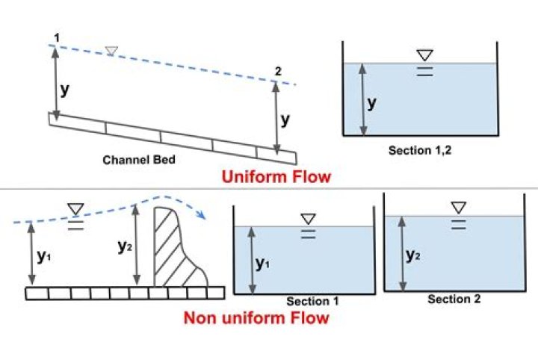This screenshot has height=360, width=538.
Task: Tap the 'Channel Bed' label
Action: click(138, 159)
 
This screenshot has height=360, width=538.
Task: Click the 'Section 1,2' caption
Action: click(420, 150)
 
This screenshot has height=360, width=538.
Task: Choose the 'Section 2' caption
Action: click(454, 299)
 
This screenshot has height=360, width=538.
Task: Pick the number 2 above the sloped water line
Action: click(278, 72)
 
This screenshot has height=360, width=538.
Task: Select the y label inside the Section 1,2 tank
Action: click(371, 103)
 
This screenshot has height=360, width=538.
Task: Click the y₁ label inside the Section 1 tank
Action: click(262, 263)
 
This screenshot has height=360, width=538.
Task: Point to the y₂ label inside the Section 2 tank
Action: click(412, 254)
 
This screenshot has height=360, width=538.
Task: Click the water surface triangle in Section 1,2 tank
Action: click(424, 55)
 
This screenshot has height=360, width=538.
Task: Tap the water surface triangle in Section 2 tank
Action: click(458, 207)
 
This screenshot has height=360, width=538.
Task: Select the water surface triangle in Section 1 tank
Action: click(308, 219)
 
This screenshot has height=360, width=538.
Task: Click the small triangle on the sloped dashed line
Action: click(111, 51)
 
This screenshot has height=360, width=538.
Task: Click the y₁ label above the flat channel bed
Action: click(44, 255)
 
